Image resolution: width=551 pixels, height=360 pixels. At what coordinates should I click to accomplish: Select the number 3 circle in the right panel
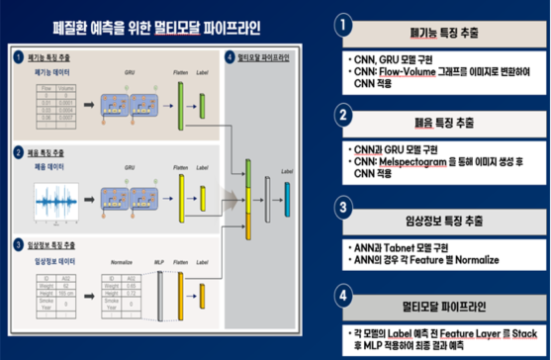342,208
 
